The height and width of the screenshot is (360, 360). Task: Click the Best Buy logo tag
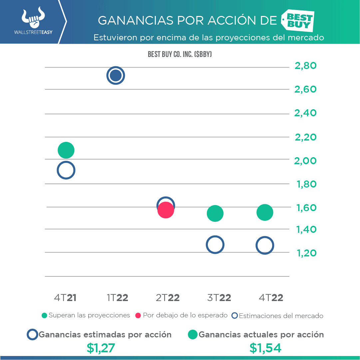point(298,20)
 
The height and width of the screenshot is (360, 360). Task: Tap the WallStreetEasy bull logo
point(33,18)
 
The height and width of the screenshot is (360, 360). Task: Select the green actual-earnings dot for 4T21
point(66,150)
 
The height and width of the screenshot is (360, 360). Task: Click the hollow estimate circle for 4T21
point(66,170)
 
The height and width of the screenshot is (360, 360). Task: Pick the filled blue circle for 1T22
point(116,76)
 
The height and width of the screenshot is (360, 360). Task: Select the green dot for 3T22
point(215,213)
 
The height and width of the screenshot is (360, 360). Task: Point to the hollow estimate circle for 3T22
point(215,245)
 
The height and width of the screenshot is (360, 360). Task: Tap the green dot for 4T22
point(265,212)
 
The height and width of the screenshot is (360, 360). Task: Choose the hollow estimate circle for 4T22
point(265,246)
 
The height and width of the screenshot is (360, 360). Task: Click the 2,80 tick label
point(305,66)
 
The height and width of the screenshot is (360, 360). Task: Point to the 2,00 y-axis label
point(305,161)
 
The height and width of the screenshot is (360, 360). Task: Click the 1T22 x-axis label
point(118,298)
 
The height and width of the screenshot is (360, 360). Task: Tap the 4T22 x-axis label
point(271,298)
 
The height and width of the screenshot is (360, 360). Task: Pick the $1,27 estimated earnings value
point(101,348)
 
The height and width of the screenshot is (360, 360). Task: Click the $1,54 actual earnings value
point(265,348)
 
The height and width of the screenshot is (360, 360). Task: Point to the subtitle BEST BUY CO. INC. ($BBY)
point(180,54)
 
